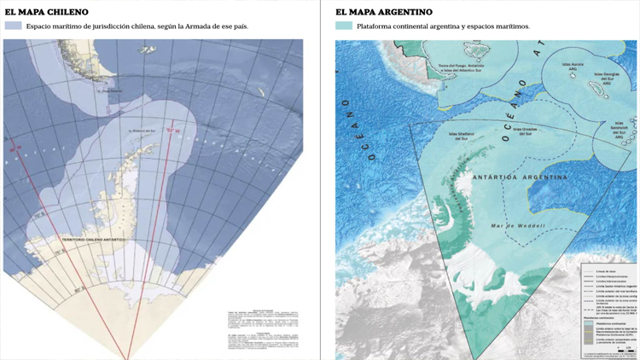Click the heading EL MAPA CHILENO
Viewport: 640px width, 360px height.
coord(46,12)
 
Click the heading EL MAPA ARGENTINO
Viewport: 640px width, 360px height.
coord(383,12)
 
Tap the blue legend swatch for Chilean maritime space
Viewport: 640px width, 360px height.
coord(13,26)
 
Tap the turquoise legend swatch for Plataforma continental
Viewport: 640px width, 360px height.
coord(343,26)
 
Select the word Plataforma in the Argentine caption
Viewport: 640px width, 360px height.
coord(379,26)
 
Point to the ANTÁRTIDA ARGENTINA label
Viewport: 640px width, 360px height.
coord(520,177)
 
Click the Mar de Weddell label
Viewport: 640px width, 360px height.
coord(517,225)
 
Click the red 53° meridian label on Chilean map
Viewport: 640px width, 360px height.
coord(173,131)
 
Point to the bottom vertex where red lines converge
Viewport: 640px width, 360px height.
coord(129,357)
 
